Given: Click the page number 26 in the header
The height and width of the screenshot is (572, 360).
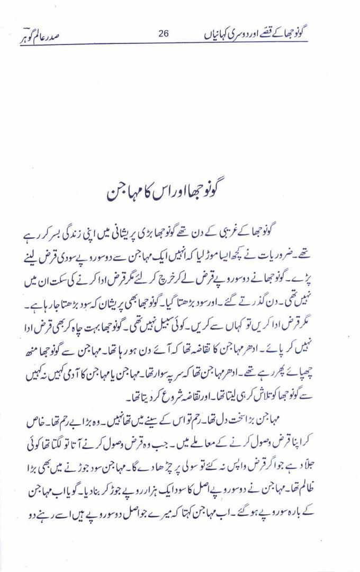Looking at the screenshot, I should pos(163,34).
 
